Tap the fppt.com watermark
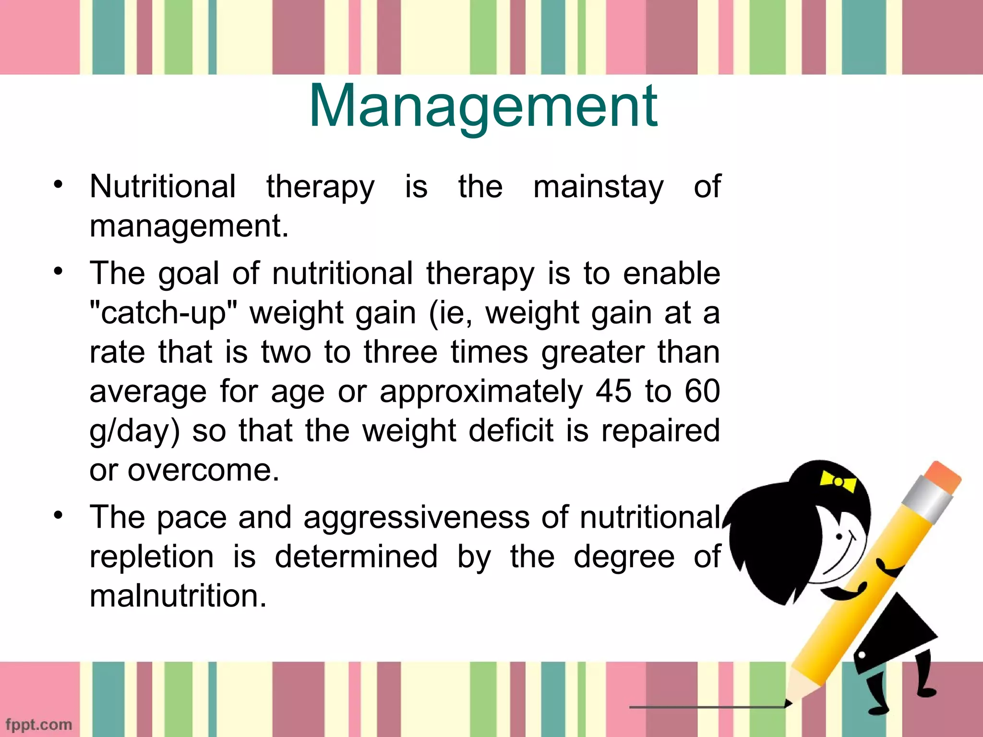click(39, 724)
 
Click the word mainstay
click(598, 187)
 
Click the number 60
click(702, 392)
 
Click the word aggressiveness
click(417, 518)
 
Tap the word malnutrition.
click(178, 597)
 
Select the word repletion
click(152, 558)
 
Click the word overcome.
click(203, 470)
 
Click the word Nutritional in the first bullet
click(163, 186)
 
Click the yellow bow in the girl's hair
click(838, 481)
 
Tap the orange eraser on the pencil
click(942, 477)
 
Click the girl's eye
click(839, 536)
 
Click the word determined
click(356, 558)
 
